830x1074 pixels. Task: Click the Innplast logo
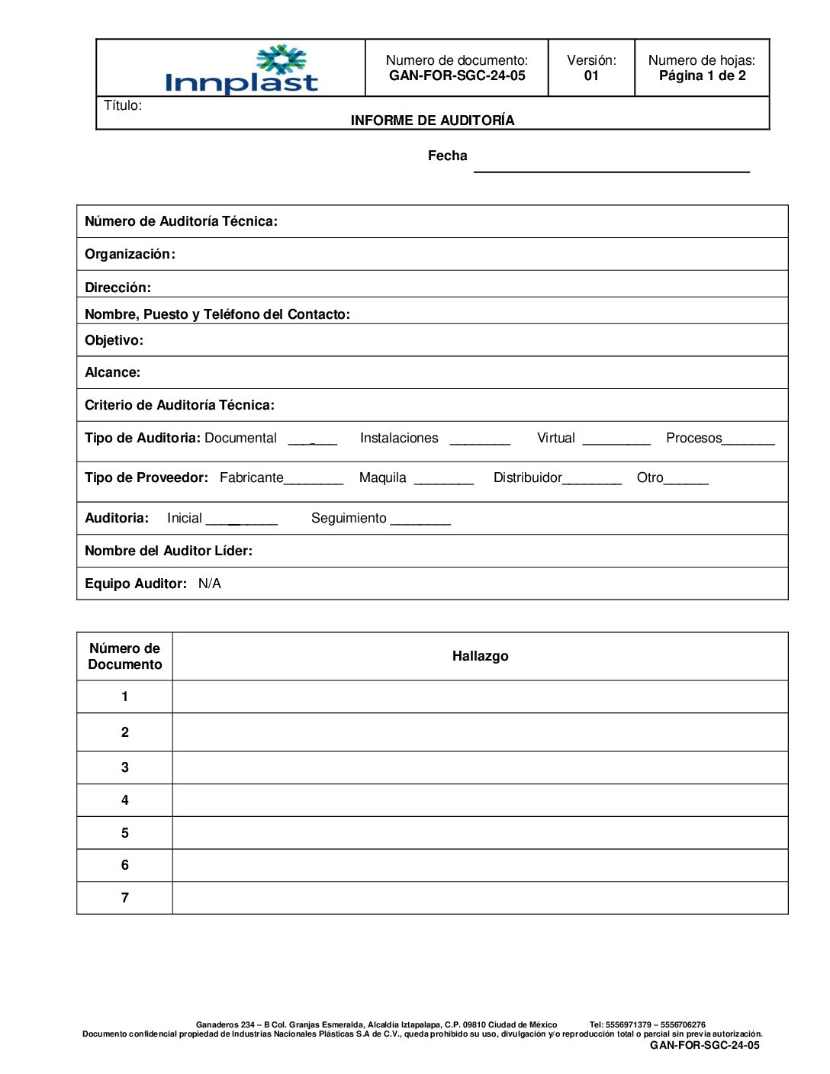pos(241,70)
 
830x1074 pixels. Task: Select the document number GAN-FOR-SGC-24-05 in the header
pos(457,76)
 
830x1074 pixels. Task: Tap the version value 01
pos(591,76)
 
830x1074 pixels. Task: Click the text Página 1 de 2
pos(702,76)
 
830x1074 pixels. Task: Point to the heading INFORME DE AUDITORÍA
pos(433,121)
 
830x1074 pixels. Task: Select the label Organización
pos(130,254)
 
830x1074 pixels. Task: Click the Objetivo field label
pos(114,340)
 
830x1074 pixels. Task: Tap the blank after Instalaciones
pos(480,440)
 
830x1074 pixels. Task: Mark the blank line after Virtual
pos(616,440)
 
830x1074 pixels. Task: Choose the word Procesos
pos(693,438)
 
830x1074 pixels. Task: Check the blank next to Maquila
pos(444,481)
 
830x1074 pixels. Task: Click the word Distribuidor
pos(527,478)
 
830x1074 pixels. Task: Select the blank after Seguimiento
pos(420,521)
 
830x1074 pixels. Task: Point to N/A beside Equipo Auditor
pos(210,584)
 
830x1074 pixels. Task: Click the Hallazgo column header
pos(480,656)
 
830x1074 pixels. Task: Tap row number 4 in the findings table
pos(125,800)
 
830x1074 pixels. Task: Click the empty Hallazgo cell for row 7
pos(480,898)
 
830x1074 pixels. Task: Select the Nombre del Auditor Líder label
pos(169,551)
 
